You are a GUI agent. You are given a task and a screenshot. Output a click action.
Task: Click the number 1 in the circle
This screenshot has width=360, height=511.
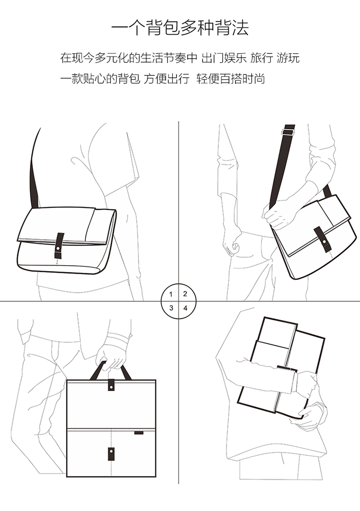[171, 294]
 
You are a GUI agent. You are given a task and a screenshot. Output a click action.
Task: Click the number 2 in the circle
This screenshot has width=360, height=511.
[185, 294]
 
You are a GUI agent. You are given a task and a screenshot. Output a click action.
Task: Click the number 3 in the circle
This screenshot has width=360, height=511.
[171, 308]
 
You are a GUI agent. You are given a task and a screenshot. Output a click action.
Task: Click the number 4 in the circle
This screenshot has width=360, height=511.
[185, 308]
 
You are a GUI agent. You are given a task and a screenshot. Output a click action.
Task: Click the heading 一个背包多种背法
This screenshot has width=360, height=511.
[180, 28]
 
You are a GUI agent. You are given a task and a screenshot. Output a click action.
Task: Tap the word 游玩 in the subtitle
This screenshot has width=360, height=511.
[288, 58]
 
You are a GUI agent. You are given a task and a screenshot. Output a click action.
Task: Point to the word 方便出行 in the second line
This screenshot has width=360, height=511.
[167, 79]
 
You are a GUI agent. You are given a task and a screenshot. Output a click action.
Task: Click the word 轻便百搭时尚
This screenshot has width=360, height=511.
[231, 79]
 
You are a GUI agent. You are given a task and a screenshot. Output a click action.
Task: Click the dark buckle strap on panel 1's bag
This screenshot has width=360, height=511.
[60, 245]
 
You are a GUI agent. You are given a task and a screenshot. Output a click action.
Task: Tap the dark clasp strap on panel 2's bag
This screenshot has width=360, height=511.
[323, 240]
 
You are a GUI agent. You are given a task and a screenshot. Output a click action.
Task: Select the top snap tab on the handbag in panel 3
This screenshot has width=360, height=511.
[111, 385]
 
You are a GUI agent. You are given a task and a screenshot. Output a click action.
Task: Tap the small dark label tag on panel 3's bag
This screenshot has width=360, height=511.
[138, 433]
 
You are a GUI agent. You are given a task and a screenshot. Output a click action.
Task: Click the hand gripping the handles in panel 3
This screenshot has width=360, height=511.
[110, 357]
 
